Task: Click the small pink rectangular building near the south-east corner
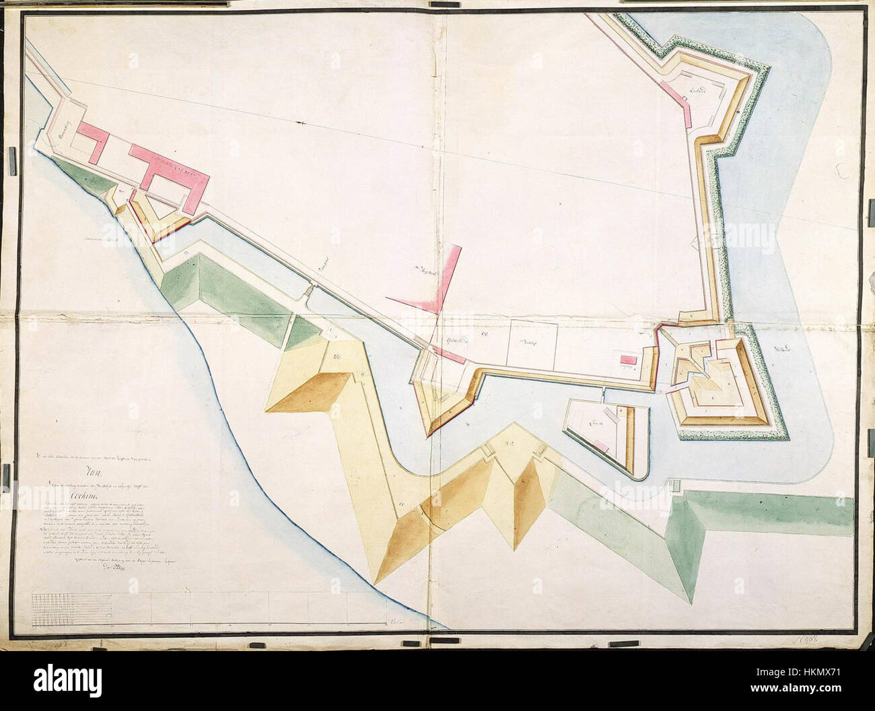click(x=627, y=361)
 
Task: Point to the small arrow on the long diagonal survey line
click(x=304, y=123)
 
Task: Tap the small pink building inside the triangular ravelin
click(x=603, y=445)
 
